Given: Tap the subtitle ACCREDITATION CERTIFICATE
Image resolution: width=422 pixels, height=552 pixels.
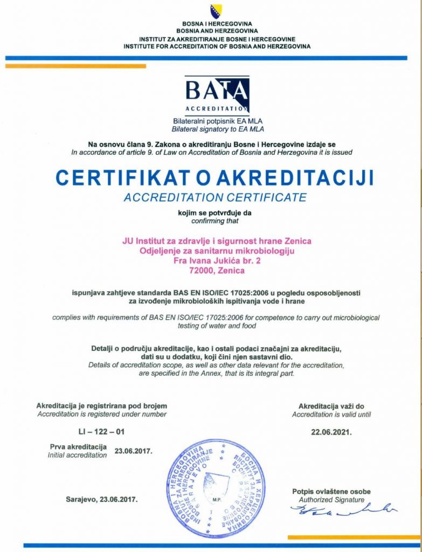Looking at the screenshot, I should pos(215,197).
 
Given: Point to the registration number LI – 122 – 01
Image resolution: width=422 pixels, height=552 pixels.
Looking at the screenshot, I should pos(101,432).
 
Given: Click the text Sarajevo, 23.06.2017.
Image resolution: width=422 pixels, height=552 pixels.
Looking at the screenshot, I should pos(102,499).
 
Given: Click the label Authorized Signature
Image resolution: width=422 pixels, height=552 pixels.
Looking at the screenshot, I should pos(331,500).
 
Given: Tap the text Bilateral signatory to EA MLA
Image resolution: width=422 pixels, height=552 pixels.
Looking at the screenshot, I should pos(218,129).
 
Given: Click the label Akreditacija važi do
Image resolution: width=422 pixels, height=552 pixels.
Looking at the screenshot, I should pos(331,405).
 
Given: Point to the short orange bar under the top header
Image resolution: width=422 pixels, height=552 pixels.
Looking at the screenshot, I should pos(75,66).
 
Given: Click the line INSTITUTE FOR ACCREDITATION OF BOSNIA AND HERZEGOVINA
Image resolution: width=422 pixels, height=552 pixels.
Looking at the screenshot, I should pos(217,46).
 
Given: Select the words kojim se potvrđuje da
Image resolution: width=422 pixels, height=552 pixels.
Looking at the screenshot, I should pos(215,212).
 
